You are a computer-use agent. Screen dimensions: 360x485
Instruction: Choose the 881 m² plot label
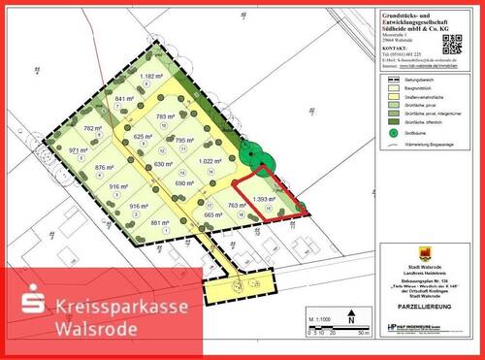pyautogui.click(x=160, y=223)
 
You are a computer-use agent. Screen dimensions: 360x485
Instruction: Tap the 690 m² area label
pyautogui.click(x=184, y=182)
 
